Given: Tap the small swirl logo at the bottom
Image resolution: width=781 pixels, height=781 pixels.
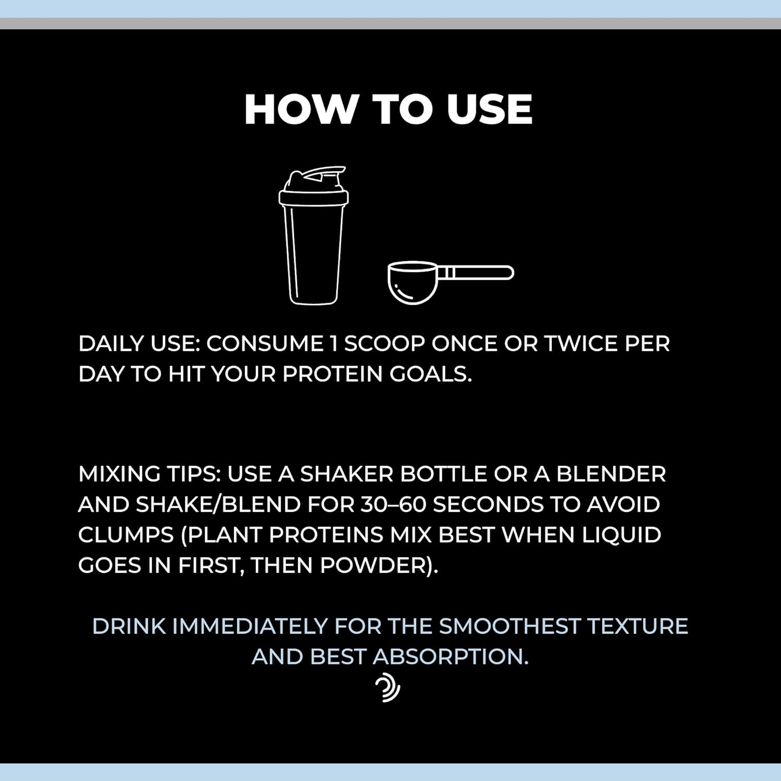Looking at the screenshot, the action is (387, 688).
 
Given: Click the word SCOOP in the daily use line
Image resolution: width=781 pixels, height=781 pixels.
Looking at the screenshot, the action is (385, 344).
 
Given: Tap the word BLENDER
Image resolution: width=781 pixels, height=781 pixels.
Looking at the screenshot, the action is (611, 474).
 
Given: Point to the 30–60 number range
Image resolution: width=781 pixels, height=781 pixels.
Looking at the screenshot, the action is (393, 504).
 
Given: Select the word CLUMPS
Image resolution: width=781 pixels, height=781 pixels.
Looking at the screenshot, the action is (126, 535).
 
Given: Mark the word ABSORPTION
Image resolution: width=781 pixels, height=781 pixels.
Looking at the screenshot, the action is (451, 657).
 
